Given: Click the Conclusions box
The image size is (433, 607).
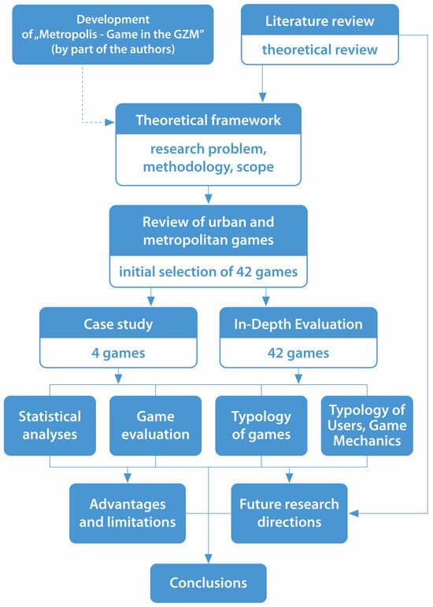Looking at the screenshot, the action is coord(208,583).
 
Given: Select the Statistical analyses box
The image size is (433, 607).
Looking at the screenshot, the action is coord(50,425).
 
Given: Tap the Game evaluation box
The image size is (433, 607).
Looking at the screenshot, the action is coord(156,425).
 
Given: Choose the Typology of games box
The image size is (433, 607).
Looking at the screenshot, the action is coord(261,425).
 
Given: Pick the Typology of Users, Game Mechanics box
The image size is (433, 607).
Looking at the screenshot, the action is coord(367,425).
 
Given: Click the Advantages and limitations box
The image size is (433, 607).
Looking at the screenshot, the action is coord(128,513).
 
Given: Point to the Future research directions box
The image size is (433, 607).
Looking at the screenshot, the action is coord(289,513).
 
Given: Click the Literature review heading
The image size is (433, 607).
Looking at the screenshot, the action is coord(320,21).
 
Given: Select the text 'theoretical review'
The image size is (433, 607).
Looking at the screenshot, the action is coord(320,50).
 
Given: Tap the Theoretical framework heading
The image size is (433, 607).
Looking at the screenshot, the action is coord(208,120).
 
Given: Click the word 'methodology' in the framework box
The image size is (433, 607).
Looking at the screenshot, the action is coord(187,167).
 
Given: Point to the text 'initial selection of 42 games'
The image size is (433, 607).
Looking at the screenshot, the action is coord(208,272).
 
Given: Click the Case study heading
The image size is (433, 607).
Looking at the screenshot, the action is coord(118,324).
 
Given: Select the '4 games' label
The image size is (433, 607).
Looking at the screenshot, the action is coord(118,353).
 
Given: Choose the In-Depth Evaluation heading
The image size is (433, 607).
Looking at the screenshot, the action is coord(298,324).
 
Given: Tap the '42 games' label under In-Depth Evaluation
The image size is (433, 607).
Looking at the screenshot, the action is coord(298,353).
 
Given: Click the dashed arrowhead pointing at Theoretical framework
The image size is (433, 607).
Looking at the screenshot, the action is coord(110,122).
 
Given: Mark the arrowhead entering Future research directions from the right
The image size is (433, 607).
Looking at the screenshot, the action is coord(353,513).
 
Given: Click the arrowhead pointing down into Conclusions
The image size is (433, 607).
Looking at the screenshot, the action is coord(208,559).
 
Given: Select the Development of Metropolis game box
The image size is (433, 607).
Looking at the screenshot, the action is coord(113,35).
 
